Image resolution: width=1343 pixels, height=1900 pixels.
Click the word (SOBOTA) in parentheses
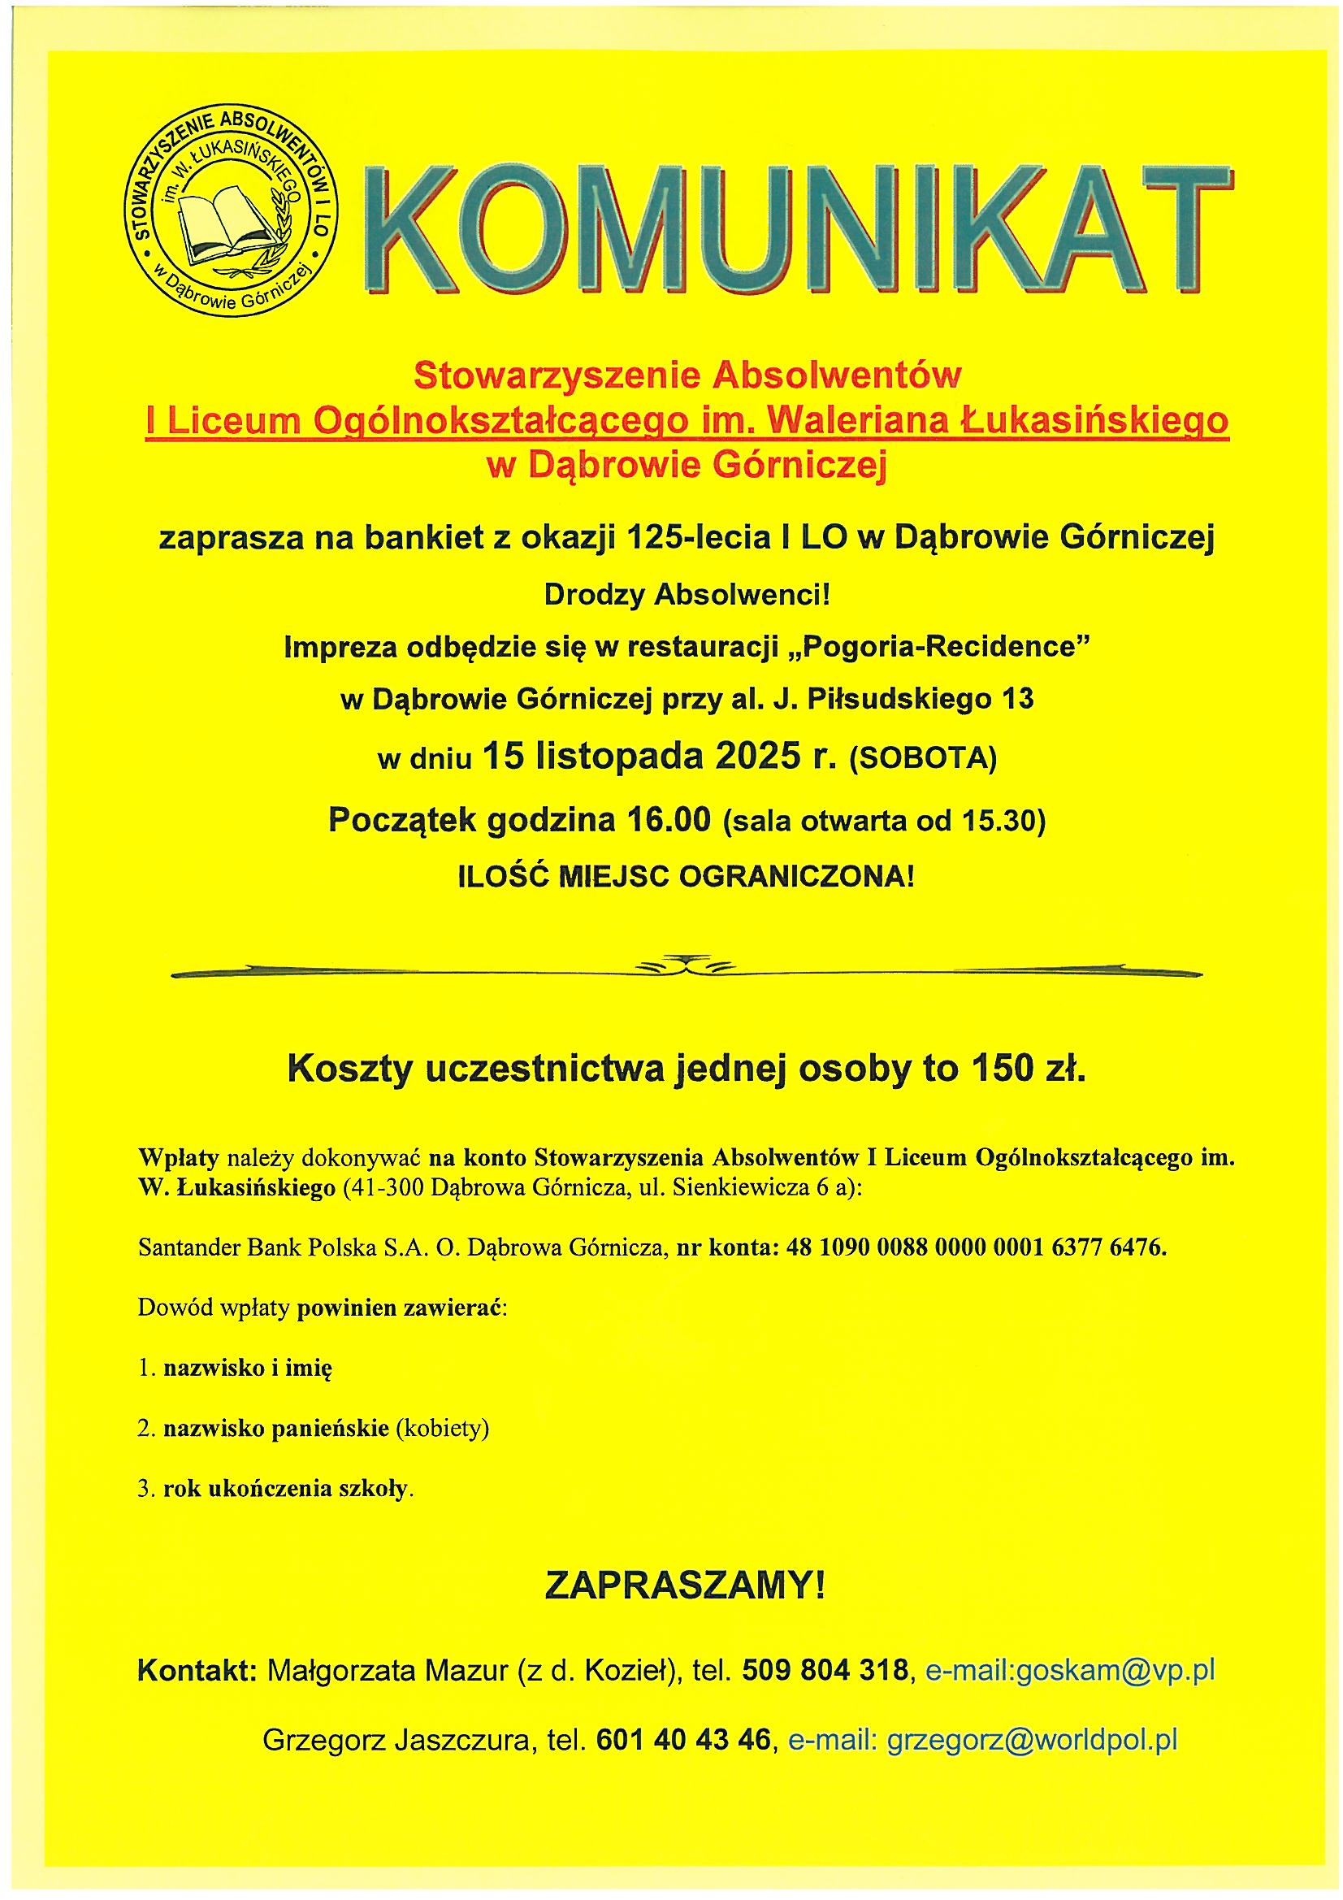[923, 759]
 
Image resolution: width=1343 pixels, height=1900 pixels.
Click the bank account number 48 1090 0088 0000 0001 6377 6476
[977, 1247]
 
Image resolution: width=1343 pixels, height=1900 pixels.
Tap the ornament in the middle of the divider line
[686, 967]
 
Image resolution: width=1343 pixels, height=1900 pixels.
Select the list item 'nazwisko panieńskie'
[275, 1429]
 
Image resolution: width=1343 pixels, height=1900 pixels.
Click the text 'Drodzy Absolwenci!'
[686, 595]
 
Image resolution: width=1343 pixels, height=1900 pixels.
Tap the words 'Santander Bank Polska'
[258, 1247]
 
